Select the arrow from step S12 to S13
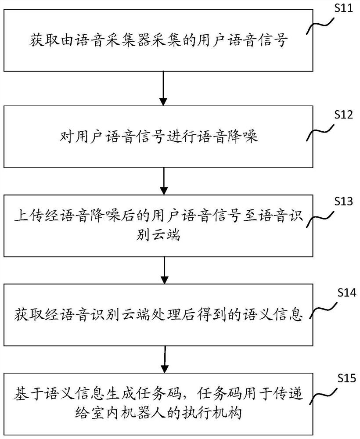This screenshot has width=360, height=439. [163, 181]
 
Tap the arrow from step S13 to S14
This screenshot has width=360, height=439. [163, 270]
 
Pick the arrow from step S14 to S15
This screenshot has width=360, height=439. [163, 359]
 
